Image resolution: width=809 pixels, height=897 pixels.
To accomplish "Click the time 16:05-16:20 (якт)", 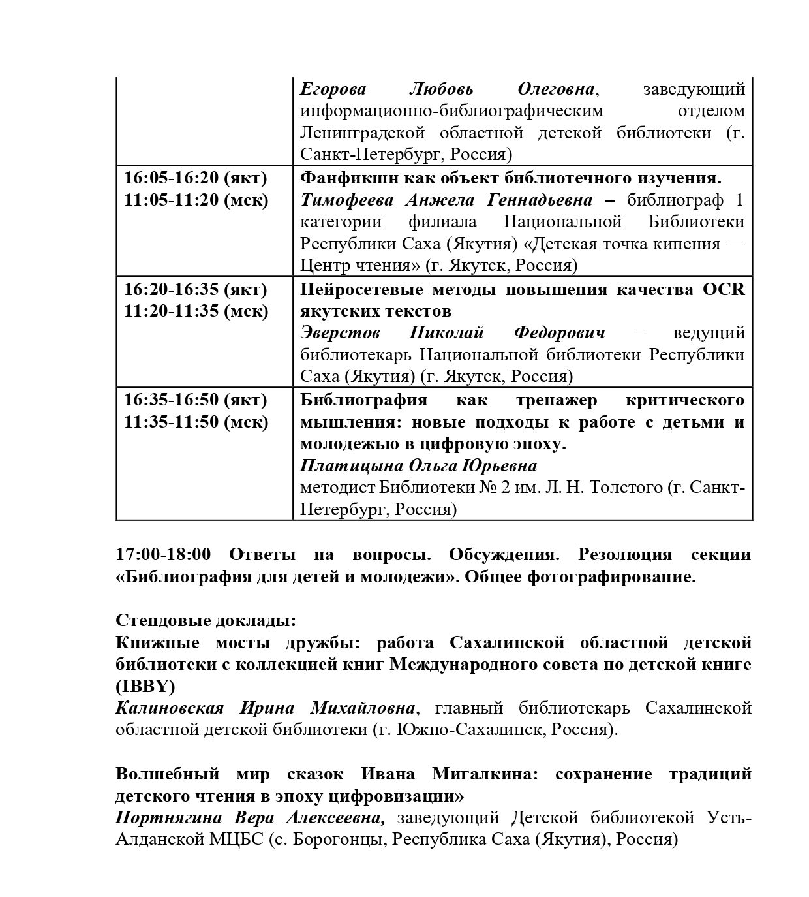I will [196, 178].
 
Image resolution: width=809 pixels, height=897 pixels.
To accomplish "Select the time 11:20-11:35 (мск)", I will [196, 311].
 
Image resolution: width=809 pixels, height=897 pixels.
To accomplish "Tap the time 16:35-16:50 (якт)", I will [196, 400].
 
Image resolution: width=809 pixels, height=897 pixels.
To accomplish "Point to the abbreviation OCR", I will [724, 289].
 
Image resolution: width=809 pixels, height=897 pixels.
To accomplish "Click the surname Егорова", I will [333, 89].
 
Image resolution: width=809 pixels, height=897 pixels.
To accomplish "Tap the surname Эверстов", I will [340, 333].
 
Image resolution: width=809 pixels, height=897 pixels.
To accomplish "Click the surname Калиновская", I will [170, 708].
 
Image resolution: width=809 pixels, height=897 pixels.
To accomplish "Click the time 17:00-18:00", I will [163, 555].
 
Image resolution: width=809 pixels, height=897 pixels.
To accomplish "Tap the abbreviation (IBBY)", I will [145, 687].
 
